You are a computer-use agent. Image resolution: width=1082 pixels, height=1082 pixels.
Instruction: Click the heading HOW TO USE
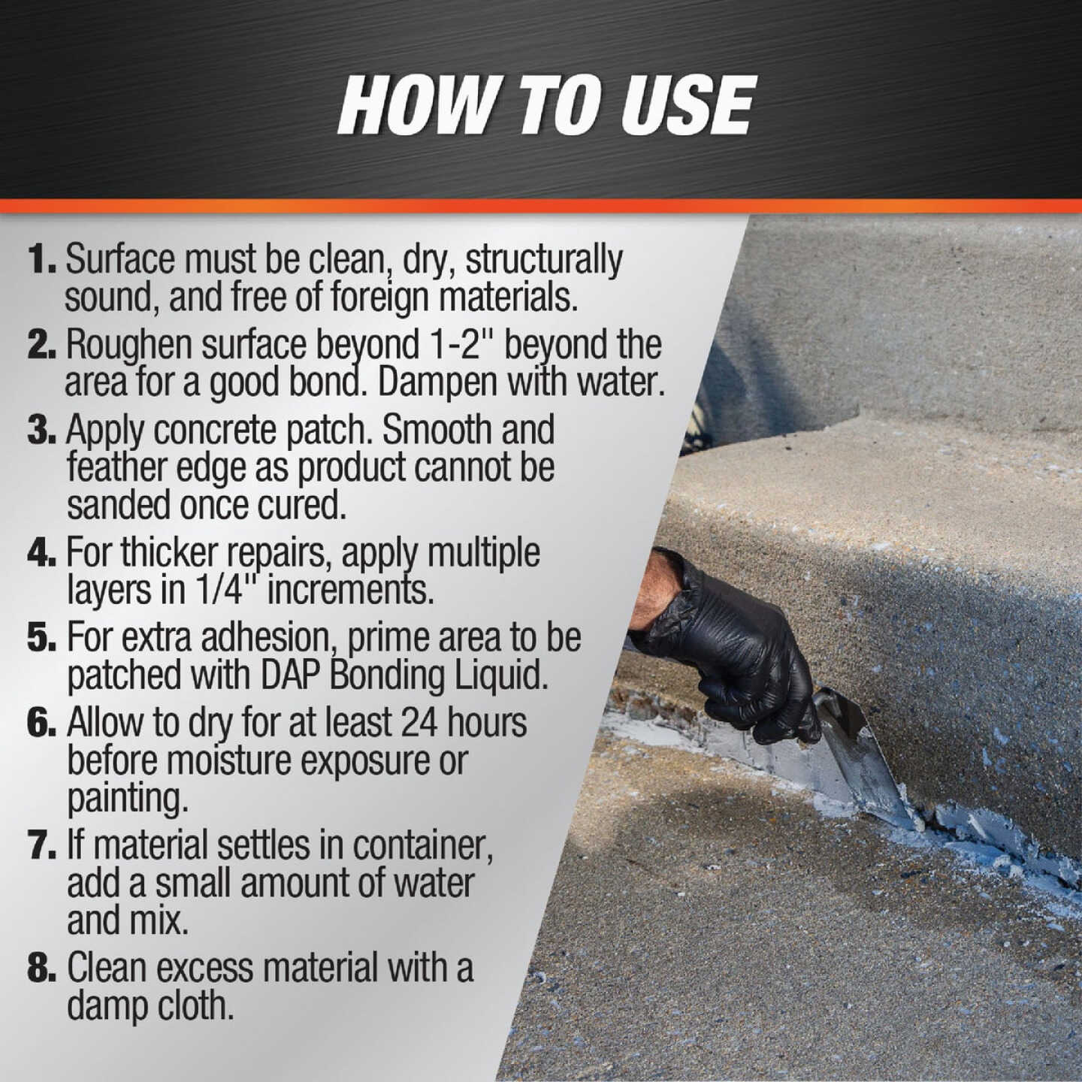(x=546, y=106)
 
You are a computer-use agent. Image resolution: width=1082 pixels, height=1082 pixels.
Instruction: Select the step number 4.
(x=41, y=553)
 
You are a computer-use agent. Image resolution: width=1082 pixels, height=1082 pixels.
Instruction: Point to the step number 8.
(x=41, y=969)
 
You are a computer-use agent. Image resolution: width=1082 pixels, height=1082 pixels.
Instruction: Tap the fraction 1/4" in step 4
(x=221, y=590)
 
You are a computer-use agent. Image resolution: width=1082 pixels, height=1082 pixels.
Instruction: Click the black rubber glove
(x=721, y=646)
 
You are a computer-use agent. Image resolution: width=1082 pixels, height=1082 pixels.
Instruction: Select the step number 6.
(x=41, y=723)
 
